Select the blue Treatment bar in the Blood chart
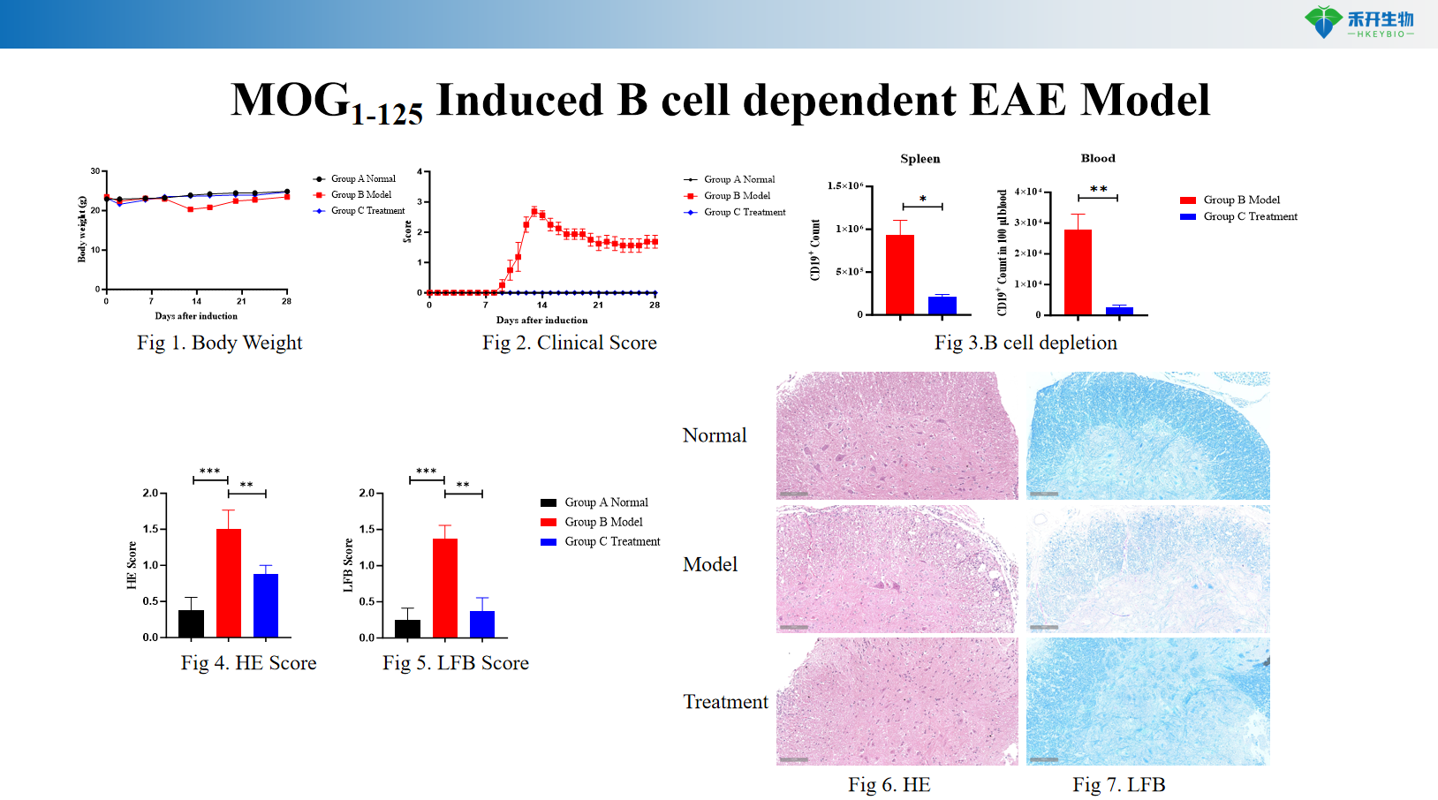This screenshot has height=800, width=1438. point(1119,310)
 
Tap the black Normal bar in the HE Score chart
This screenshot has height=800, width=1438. point(191,623)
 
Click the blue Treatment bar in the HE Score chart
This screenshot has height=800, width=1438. point(265,605)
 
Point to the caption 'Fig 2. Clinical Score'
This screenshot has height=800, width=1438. point(569,343)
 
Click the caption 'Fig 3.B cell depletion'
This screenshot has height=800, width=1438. point(1026,343)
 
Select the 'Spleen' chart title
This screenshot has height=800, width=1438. point(920,159)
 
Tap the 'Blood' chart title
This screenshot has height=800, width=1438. point(1098,158)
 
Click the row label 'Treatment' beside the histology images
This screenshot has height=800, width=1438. point(725,702)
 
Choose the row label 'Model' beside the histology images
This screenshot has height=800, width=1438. point(710,564)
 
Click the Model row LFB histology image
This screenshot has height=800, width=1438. point(1147,569)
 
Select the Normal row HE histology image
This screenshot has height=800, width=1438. point(897,435)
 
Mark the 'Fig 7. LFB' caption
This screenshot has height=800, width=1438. point(1118,785)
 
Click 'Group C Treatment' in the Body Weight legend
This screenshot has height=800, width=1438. point(367,211)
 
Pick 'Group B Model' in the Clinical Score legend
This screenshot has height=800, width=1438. point(737,196)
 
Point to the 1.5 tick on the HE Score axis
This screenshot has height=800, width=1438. point(151,529)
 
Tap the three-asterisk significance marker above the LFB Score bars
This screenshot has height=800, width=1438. point(426,472)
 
